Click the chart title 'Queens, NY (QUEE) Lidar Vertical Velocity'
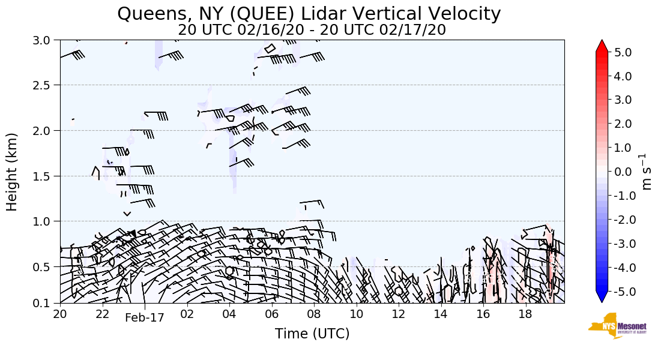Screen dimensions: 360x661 click(x=309, y=13)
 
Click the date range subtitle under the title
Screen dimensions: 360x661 click(x=312, y=29)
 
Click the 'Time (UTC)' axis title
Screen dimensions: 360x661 click(x=312, y=334)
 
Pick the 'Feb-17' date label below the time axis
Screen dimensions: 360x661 click(x=144, y=318)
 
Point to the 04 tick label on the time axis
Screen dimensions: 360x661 click(x=229, y=314)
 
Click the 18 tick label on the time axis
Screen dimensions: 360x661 click(x=525, y=314)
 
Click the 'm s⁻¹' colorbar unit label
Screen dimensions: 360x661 click(x=647, y=172)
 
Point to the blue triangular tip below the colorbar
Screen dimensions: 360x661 click(x=602, y=297)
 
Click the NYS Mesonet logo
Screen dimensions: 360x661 click(x=612, y=325)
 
